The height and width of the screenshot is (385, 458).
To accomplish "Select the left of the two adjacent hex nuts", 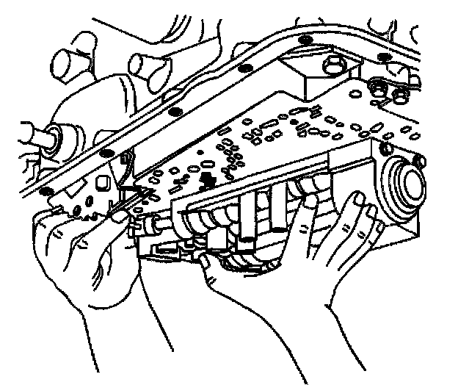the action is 379,90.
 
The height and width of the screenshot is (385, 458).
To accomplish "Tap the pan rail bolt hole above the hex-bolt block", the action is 306,38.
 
